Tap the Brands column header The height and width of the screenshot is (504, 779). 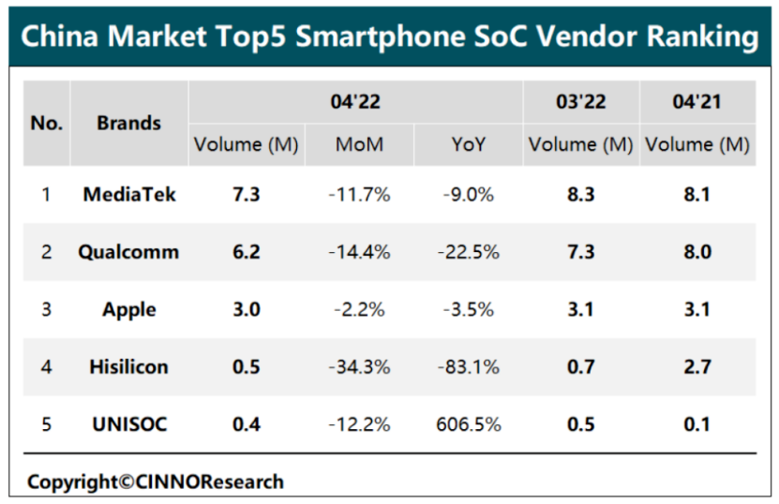coord(128,123)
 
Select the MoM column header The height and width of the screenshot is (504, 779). coord(359,145)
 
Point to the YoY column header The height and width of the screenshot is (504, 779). coord(468,145)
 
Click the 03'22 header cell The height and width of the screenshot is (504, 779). coord(580,102)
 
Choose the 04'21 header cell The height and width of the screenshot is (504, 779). coord(697,102)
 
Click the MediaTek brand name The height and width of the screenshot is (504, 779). coord(128,195)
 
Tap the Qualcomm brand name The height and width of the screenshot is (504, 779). coord(128,252)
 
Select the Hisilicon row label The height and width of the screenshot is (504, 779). coord(128,366)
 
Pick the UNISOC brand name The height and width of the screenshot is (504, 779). coord(128,423)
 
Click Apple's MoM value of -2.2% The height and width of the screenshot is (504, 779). coord(359,309)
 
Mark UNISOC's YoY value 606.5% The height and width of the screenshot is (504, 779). coord(468,423)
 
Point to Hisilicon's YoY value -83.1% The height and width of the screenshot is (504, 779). coord(468,366)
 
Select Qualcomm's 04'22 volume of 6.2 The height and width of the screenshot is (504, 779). coord(246,252)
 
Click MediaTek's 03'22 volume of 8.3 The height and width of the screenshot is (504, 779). coord(580,195)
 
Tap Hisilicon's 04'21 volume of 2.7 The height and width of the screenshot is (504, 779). coord(697,366)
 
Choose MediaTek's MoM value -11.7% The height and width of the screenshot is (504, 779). coord(359,195)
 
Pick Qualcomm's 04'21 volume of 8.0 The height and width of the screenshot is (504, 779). coord(697,252)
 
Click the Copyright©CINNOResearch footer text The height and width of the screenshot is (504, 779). coord(155,482)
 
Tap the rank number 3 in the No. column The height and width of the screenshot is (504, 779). coord(45,309)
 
